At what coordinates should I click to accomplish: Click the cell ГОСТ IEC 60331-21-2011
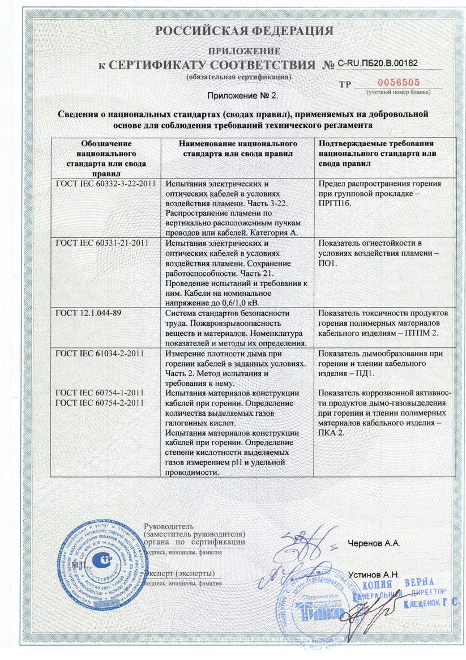102,243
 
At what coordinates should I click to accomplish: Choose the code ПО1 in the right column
328,263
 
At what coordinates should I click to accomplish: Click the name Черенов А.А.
374,543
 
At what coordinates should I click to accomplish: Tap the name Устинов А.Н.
374,574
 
